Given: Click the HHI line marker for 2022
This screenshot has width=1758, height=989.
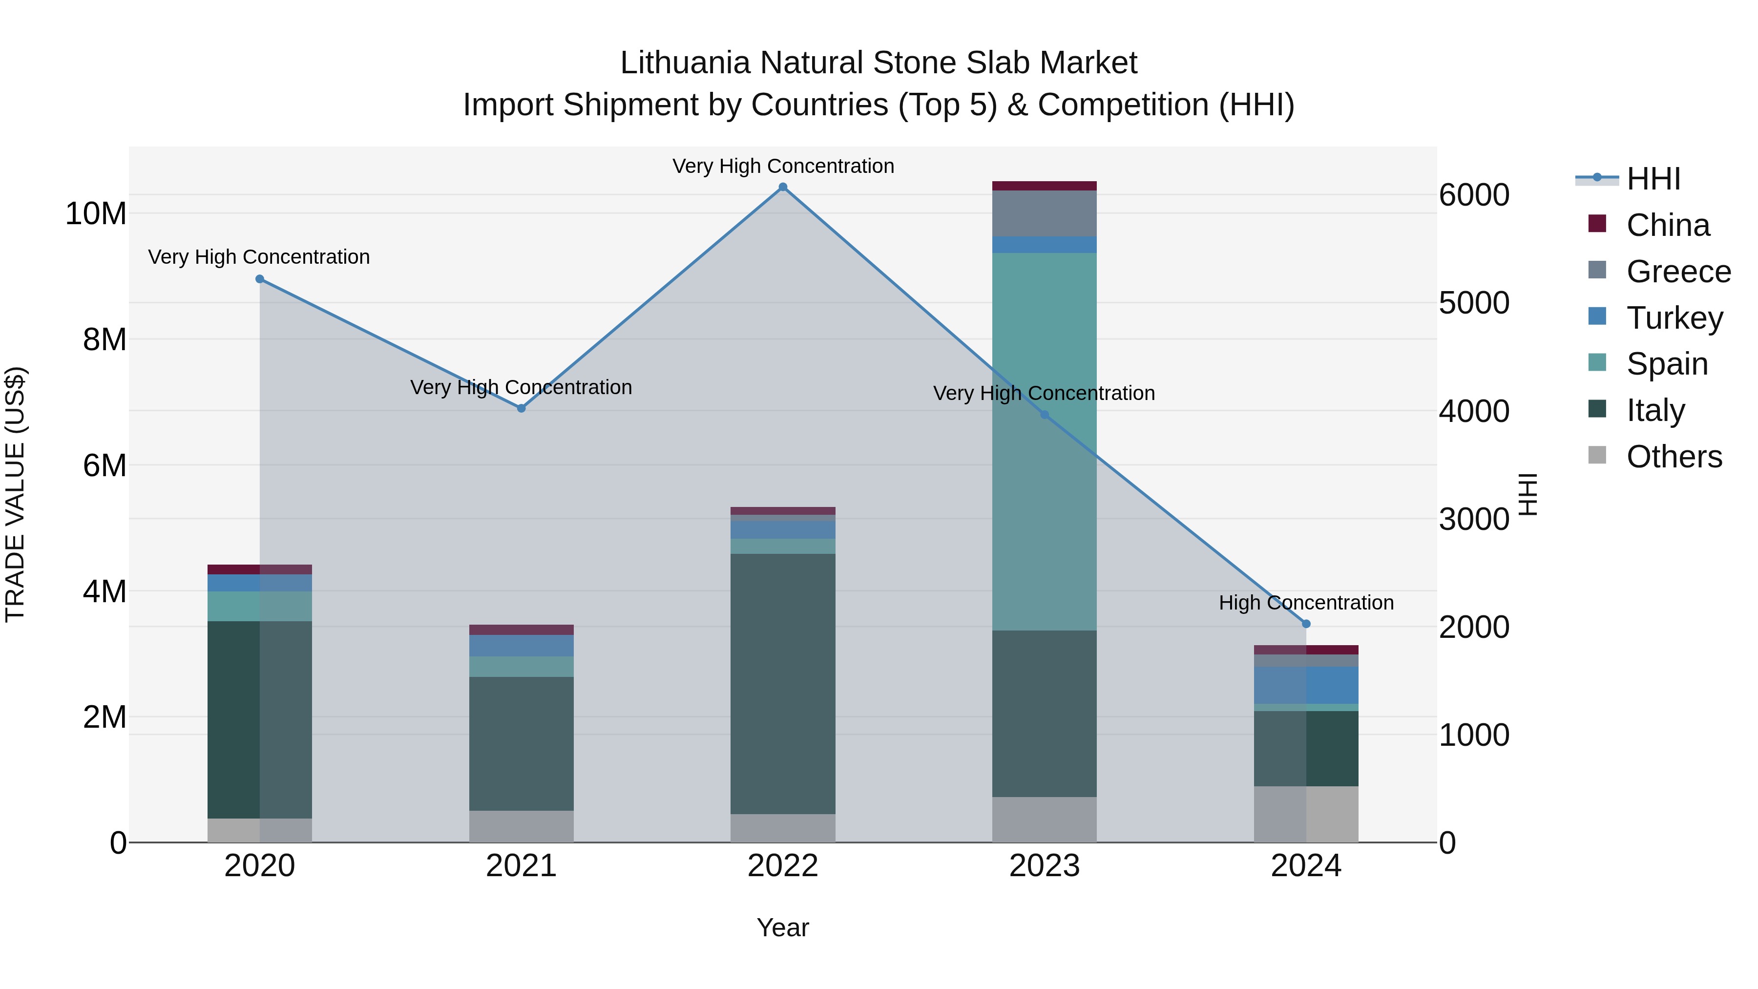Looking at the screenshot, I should [783, 187].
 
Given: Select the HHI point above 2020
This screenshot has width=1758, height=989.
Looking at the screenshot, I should [259, 279].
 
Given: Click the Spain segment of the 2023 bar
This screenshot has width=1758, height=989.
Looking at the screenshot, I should [1044, 442].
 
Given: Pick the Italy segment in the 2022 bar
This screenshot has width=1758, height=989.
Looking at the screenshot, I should [783, 683].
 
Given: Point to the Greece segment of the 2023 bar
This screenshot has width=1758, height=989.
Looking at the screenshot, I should [1044, 213].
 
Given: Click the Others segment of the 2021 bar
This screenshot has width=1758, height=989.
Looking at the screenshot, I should [522, 826].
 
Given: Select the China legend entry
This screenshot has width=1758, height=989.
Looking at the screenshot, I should [1667, 225].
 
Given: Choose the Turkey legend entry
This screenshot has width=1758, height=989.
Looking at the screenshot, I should [1674, 317].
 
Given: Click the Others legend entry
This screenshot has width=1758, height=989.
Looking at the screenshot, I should [1674, 457].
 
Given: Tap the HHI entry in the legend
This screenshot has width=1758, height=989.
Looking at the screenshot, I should [1653, 179].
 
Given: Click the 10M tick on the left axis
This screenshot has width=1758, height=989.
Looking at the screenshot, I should [96, 213].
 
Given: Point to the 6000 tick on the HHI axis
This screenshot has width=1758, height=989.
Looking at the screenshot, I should [1474, 195].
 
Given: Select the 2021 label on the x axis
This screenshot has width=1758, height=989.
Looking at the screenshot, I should [522, 866].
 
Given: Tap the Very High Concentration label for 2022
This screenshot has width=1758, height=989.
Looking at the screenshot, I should [783, 166].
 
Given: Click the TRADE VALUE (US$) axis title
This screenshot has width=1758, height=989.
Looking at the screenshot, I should [15, 494].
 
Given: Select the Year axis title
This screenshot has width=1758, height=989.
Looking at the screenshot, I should [783, 927].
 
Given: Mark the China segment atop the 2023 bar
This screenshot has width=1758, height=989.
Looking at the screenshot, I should [1044, 186].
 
